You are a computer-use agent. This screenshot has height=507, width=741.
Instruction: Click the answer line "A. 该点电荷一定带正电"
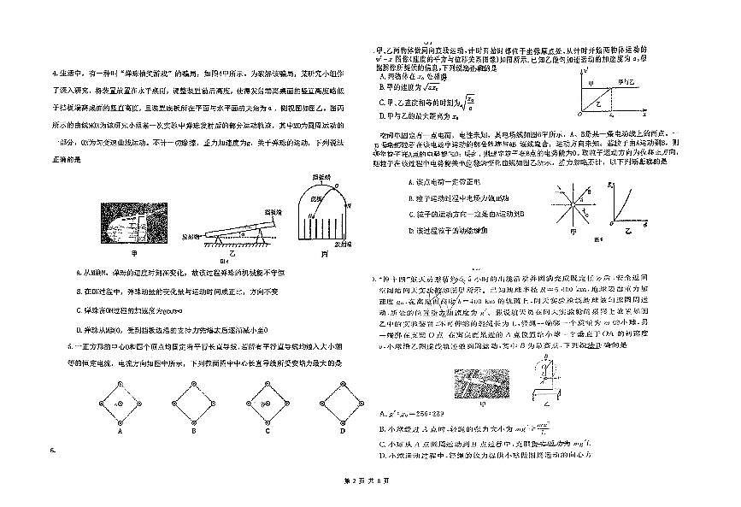click(x=445, y=182)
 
